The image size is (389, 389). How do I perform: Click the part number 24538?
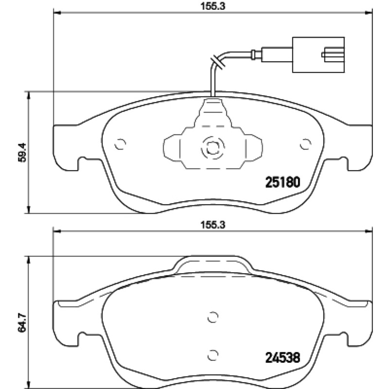(283, 358)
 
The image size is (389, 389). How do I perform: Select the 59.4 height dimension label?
(22, 152)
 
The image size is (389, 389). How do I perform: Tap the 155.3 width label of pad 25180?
(212, 6)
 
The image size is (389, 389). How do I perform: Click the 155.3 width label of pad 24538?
(212, 225)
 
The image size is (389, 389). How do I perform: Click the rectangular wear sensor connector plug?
(318, 55)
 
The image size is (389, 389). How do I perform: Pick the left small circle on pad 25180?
(120, 144)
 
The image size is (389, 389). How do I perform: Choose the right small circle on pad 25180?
(305, 144)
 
